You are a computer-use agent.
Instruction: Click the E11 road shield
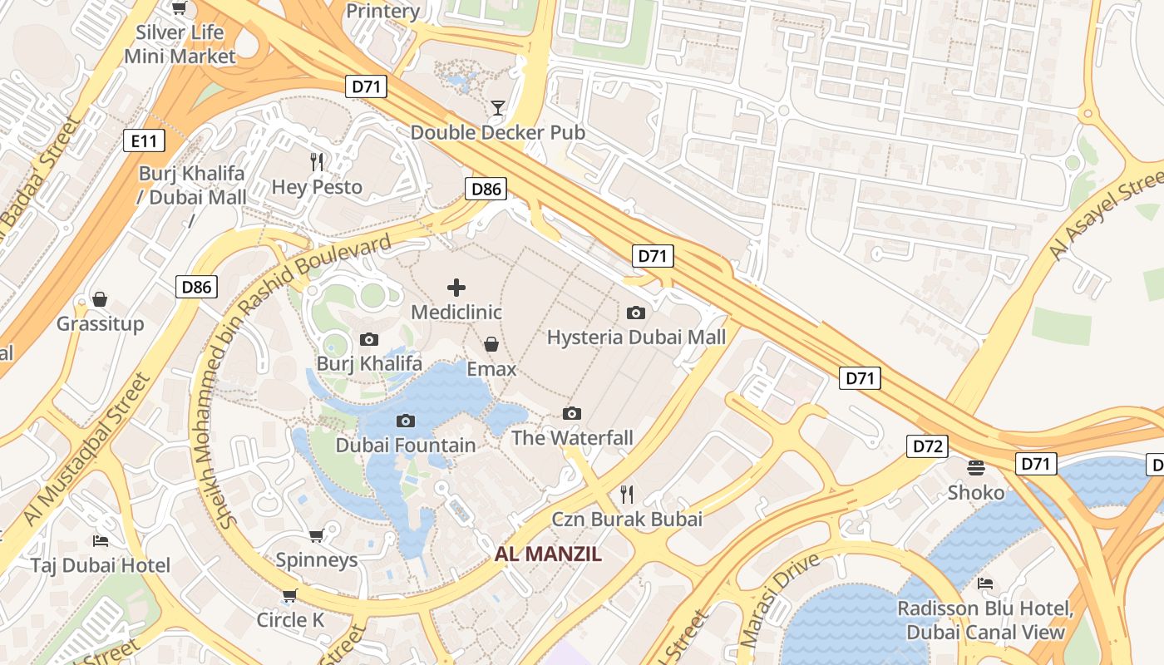click(x=144, y=140)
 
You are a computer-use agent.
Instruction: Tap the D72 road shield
click(x=927, y=446)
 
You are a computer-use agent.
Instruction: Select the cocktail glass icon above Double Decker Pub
click(x=497, y=107)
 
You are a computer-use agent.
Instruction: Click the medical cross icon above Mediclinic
click(x=456, y=288)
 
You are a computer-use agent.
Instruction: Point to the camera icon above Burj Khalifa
click(x=369, y=339)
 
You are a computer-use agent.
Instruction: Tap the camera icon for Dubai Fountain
click(x=406, y=421)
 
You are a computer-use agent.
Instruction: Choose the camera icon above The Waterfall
click(x=572, y=413)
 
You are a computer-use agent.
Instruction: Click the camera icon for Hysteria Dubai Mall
click(x=636, y=313)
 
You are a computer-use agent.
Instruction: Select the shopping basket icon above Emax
click(x=491, y=344)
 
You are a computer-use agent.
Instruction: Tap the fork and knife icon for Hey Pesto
click(x=317, y=161)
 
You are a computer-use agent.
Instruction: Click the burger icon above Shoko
click(x=976, y=468)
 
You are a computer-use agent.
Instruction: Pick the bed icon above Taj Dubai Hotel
click(x=101, y=541)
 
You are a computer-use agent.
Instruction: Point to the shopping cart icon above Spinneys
click(x=316, y=535)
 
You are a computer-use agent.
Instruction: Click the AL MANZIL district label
click(x=548, y=554)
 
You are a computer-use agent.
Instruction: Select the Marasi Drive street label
click(x=780, y=598)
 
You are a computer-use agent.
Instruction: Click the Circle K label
click(x=290, y=620)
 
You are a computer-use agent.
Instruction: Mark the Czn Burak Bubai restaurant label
click(x=627, y=520)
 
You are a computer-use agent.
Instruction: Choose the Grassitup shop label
click(x=101, y=323)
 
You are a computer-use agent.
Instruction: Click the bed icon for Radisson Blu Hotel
click(x=985, y=583)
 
